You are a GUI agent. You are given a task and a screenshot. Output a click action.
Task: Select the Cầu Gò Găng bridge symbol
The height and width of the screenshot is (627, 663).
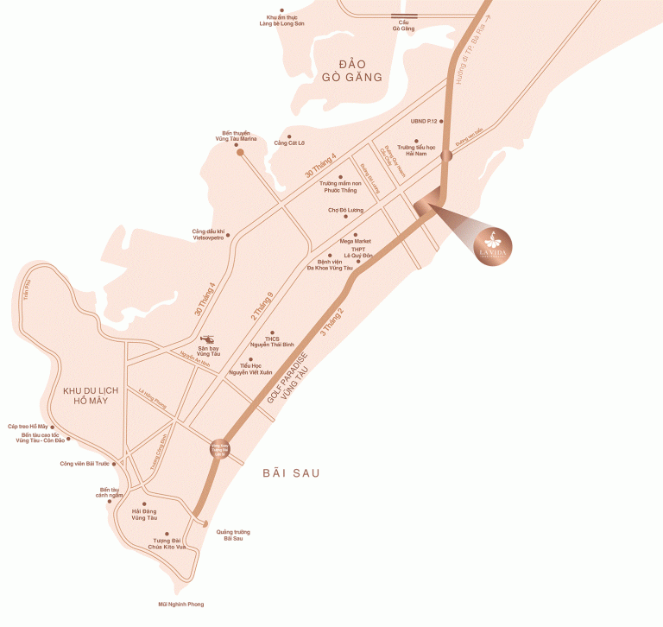[403, 16]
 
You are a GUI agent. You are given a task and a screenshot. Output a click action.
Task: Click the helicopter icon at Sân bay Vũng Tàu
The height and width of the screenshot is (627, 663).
[208, 339]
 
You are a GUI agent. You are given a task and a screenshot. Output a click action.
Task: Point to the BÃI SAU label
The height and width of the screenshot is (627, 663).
[291, 473]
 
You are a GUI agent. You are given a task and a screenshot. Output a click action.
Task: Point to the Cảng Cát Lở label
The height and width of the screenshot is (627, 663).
[289, 142]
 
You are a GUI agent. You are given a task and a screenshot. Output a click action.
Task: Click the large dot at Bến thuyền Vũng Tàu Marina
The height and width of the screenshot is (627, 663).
[240, 153]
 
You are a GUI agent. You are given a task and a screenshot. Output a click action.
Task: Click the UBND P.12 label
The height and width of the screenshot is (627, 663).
[426, 122]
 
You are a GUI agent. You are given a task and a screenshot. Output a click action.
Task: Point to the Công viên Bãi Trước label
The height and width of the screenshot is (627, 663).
[85, 464]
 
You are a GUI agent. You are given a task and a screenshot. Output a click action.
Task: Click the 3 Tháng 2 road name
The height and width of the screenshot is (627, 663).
[332, 322]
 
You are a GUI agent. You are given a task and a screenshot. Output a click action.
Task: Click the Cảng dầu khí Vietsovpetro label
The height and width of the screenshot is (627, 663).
[208, 234]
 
